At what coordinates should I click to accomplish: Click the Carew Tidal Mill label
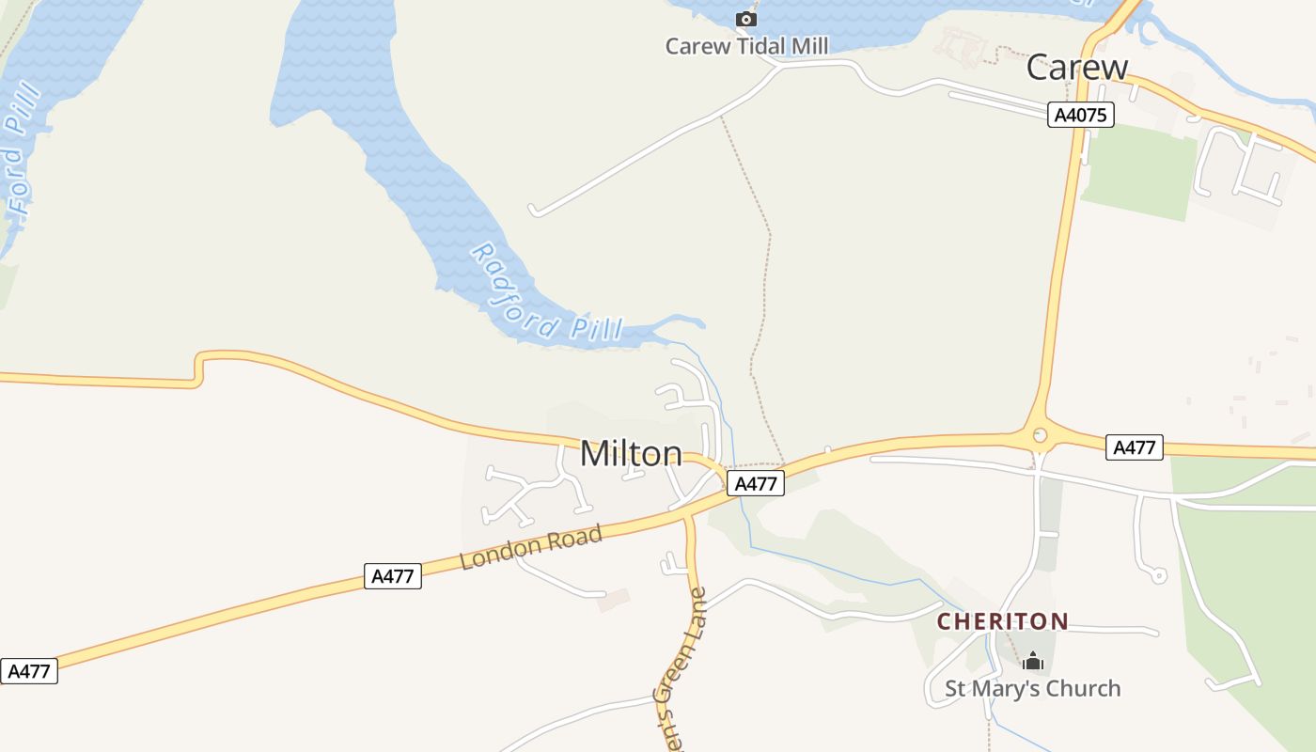click(x=746, y=46)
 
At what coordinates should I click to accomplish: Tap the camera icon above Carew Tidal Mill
click(x=746, y=19)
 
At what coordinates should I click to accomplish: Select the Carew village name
click(x=1076, y=68)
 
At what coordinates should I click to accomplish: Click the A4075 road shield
click(x=1081, y=115)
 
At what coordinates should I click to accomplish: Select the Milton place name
click(x=631, y=454)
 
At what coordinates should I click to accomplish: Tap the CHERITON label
click(x=1002, y=621)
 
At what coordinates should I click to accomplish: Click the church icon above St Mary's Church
click(x=1033, y=662)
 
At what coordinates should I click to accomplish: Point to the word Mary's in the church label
click(x=1003, y=689)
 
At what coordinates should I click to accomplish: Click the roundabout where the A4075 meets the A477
click(x=1039, y=435)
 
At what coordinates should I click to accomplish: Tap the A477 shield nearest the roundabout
click(x=1134, y=447)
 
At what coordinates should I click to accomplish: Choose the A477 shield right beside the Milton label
click(x=755, y=483)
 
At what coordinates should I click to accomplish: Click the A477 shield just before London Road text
click(x=392, y=576)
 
